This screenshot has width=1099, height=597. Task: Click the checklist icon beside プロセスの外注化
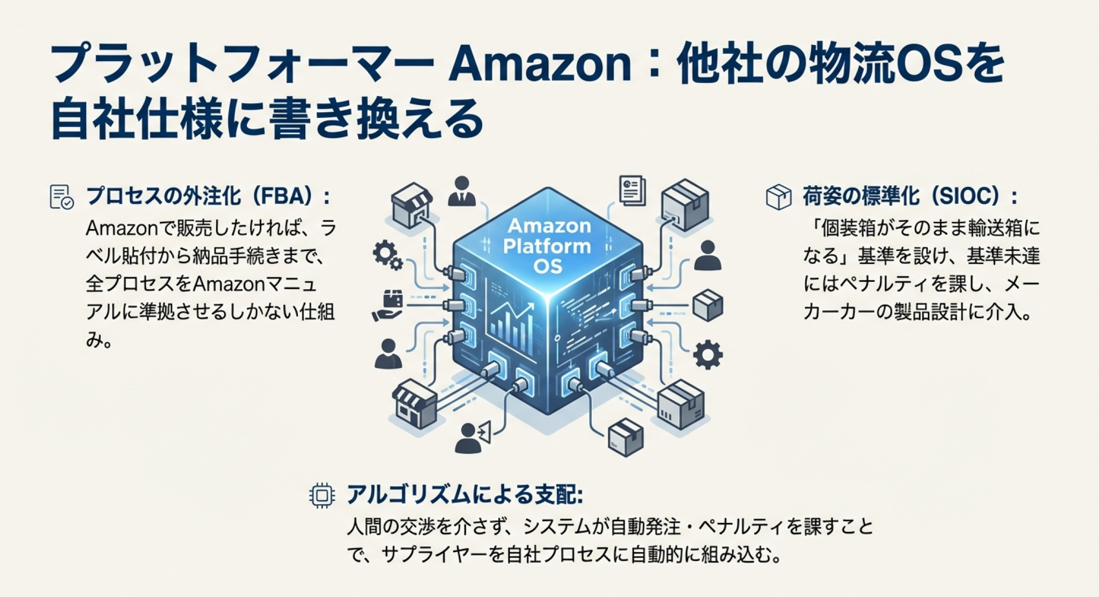(x=61, y=197)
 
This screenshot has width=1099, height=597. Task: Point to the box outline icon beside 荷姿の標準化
(x=779, y=197)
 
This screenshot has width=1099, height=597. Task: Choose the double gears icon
(x=387, y=255)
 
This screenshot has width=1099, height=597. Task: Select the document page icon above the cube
(x=632, y=190)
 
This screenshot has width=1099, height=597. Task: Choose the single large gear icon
(x=708, y=355)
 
